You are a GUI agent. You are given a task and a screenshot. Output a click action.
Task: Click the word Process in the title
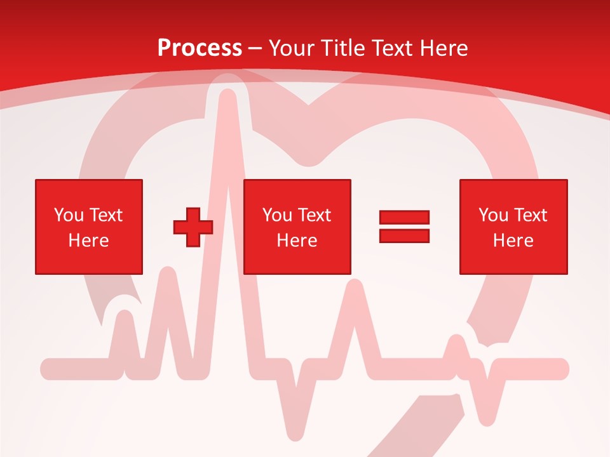tap(200, 48)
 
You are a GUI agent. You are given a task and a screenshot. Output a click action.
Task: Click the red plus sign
tap(193, 227)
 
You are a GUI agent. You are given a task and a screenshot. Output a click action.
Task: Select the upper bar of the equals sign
tap(405, 217)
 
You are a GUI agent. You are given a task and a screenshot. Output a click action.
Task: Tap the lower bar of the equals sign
tap(405, 235)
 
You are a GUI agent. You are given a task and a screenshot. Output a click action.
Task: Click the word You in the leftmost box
tap(68, 215)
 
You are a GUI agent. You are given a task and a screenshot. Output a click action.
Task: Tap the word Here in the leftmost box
tap(89, 241)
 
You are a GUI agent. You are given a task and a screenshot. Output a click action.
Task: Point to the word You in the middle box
tap(276, 215)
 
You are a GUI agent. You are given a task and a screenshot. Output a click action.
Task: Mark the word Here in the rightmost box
tap(513, 241)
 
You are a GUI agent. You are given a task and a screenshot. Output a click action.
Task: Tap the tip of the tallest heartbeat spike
tap(226, 95)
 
